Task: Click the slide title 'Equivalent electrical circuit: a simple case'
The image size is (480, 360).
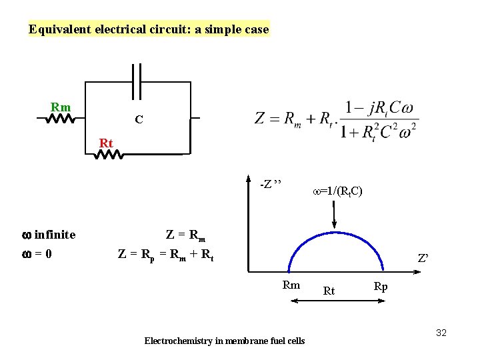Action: [149, 29]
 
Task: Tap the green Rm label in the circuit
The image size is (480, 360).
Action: [61, 107]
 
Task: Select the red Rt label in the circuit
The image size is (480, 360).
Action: [106, 143]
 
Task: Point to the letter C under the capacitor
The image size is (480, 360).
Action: [138, 120]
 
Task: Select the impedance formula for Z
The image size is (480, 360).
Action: [337, 119]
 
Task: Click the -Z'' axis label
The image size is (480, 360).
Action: [271, 183]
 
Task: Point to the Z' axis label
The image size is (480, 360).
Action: [423, 258]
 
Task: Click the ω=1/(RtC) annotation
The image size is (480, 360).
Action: [337, 192]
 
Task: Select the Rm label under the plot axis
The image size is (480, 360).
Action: [291, 285]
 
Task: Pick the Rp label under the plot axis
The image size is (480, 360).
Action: [381, 287]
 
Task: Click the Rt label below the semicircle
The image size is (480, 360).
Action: [329, 291]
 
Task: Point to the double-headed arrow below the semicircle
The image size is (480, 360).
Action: [337, 301]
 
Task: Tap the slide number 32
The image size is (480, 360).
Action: [441, 332]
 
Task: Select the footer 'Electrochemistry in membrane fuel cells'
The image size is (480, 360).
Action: [225, 341]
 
